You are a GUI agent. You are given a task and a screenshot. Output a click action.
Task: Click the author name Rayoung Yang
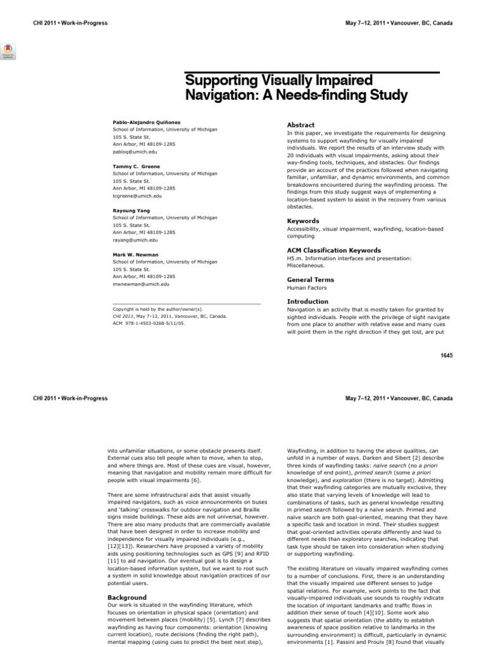(x=130, y=210)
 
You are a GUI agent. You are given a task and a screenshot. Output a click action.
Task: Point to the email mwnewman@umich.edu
(x=140, y=284)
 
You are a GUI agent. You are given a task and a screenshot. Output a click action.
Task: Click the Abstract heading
(x=301, y=125)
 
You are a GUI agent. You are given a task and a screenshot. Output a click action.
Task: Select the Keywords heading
(x=303, y=221)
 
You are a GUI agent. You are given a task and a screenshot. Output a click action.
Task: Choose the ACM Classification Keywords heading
(x=333, y=250)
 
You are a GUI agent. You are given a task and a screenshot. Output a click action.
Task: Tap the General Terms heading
(x=310, y=279)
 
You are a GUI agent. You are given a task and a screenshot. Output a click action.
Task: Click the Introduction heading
(x=308, y=301)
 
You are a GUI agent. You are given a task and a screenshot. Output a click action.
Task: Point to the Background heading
(x=127, y=597)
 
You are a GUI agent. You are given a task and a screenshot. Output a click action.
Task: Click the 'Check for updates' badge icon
(x=9, y=51)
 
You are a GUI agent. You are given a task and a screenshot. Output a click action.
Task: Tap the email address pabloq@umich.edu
(x=135, y=152)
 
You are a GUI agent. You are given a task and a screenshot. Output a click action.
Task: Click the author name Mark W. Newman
(x=135, y=255)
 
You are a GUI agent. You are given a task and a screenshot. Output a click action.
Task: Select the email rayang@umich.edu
(x=135, y=240)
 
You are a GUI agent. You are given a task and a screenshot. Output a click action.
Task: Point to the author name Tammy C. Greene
(x=136, y=166)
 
